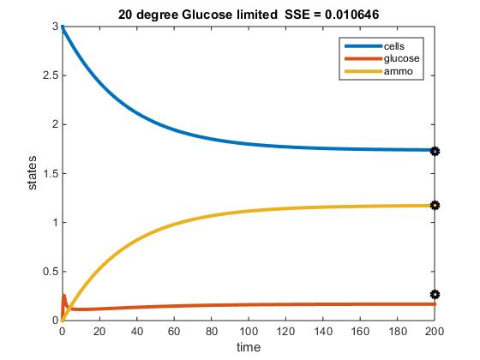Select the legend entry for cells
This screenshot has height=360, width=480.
[397, 45]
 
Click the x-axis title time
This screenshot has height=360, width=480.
[249, 347]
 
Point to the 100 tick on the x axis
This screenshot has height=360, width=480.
[249, 330]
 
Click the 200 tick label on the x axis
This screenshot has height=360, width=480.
[435, 330]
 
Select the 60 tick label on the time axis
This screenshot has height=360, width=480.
[174, 330]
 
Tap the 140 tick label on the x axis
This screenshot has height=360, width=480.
[323, 330]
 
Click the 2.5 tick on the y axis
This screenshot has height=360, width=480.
[50, 75]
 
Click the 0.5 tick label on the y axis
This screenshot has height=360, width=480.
[50, 271]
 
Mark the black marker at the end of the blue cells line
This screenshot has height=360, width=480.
[435, 151]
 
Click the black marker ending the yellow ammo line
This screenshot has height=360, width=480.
[435, 206]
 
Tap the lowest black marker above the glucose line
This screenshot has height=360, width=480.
[435, 294]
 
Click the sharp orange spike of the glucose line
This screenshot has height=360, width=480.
[64, 297]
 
